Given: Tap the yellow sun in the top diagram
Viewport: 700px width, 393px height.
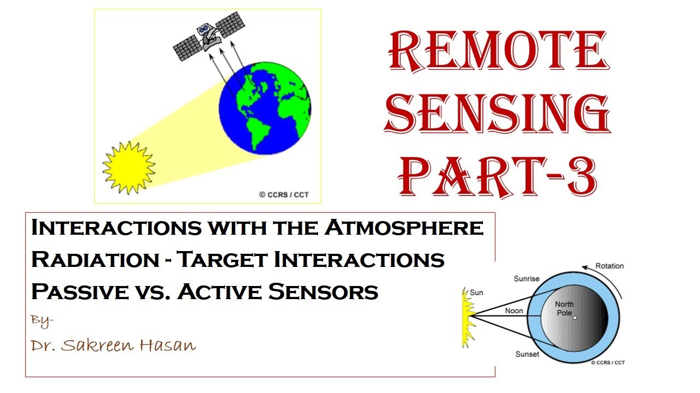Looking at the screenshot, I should tap(129, 167).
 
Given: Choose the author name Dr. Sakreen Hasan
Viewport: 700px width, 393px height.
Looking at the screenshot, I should tap(113, 346).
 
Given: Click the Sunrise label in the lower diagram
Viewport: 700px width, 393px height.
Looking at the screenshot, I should tap(527, 279).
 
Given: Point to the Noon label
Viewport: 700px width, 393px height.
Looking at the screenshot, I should tap(514, 311).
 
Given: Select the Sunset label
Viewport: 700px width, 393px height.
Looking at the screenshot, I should tap(527, 354).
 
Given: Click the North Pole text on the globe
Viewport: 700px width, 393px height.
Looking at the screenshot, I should tap(564, 308).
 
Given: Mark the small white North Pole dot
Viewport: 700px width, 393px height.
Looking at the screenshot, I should tap(575, 317).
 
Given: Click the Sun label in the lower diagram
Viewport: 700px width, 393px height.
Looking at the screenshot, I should tap(477, 293).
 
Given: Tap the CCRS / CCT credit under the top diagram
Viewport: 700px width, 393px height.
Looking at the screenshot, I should tap(283, 195).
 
